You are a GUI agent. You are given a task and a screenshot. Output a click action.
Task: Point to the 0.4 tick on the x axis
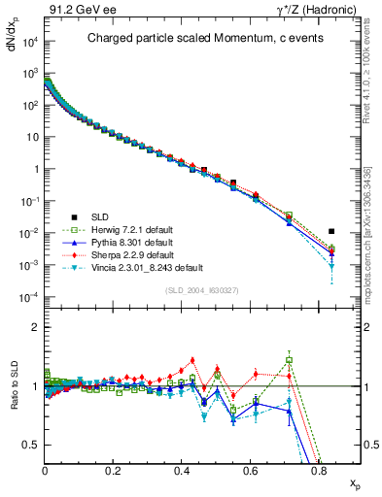tap(182, 470)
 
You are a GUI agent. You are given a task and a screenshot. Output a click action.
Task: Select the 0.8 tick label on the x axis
tap(319, 470)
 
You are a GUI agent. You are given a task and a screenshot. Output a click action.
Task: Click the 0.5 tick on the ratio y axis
tap(34, 445)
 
